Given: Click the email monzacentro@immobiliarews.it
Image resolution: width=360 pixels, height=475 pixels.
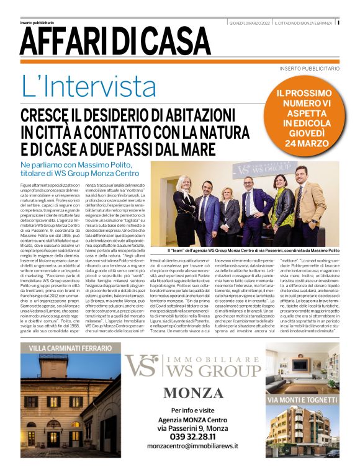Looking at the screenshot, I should tap(193, 446).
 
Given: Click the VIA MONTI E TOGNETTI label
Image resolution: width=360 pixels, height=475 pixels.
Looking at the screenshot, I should tap(302, 400).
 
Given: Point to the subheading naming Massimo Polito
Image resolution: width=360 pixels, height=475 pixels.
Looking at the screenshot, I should tap(89, 168).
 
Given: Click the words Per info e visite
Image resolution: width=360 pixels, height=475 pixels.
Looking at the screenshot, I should tap(193, 411).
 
